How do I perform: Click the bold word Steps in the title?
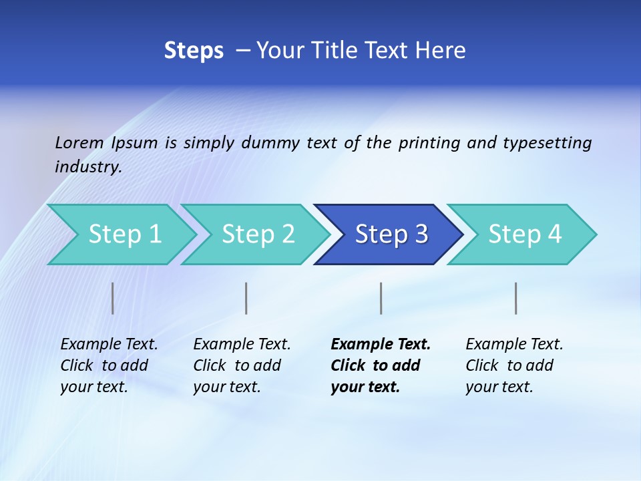click(x=194, y=51)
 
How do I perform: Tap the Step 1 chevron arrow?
click(x=124, y=234)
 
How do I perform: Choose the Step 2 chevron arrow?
click(x=258, y=234)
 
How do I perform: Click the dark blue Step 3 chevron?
click(x=391, y=234)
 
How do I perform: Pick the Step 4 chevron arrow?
click(x=524, y=234)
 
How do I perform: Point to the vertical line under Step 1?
click(x=113, y=298)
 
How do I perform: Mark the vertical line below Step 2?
click(x=246, y=298)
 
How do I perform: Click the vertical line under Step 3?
click(x=381, y=298)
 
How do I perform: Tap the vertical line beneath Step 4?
click(x=516, y=298)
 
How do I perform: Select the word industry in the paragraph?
click(x=87, y=167)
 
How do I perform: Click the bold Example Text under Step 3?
click(x=381, y=344)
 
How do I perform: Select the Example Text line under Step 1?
click(x=109, y=344)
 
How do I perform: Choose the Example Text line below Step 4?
click(x=514, y=344)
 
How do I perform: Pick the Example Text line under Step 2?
click(x=242, y=344)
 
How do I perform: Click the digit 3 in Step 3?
click(x=421, y=234)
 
